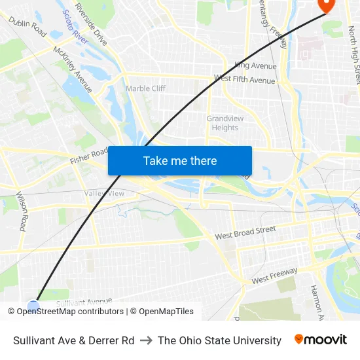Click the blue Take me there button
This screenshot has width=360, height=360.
180,160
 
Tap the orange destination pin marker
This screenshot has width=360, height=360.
325,5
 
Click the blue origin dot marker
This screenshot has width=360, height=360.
33,304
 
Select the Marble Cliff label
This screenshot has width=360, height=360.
145,88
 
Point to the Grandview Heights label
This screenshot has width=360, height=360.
225,123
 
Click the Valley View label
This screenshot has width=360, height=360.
104,193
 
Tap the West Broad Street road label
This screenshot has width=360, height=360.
245,232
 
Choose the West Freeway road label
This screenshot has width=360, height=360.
274,275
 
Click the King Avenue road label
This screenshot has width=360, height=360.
255,65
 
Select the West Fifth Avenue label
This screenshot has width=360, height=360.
244,80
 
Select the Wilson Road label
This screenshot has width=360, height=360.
22,211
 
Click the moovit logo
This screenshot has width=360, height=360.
320,340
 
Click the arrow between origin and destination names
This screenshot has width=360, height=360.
146,340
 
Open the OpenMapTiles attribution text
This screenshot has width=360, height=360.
166,312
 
